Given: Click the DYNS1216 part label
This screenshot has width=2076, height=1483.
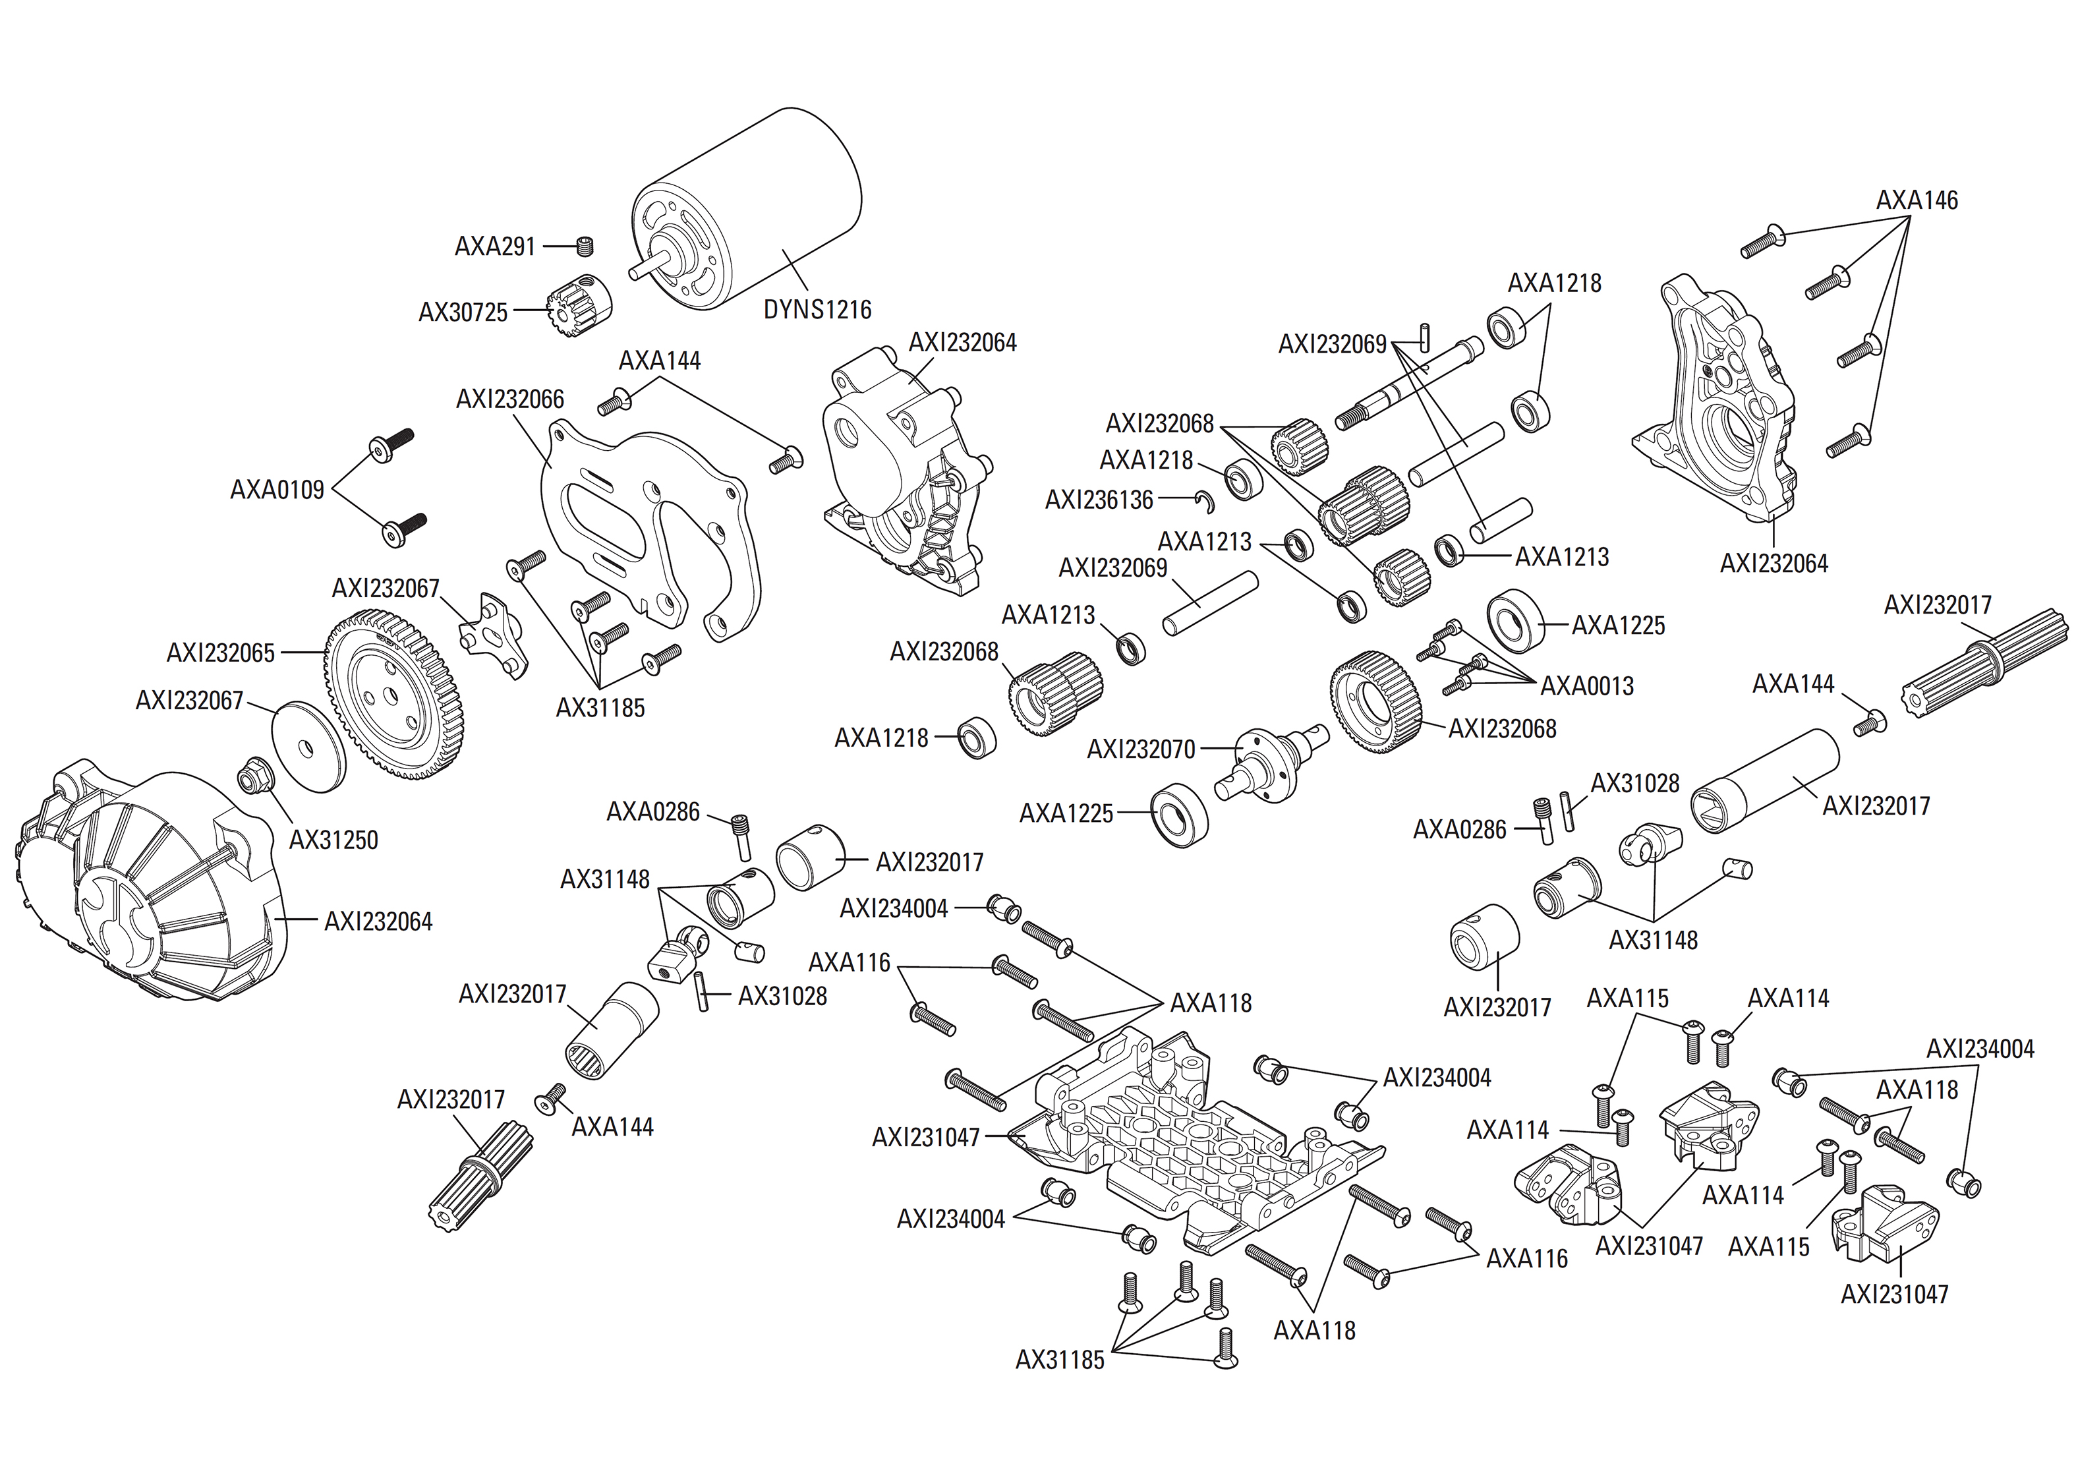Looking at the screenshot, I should pos(817,310).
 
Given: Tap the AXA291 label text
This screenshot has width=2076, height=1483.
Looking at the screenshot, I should pos(495,247).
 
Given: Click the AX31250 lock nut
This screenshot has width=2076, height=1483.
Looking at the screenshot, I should pos(251,778).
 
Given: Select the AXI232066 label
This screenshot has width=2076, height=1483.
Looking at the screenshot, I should pos(510,399).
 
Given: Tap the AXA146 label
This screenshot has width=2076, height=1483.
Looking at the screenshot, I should pos(1917,200).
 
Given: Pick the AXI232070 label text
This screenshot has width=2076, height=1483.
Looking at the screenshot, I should pos(1140,749).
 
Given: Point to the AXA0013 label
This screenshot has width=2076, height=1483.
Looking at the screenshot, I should pos(1587,685).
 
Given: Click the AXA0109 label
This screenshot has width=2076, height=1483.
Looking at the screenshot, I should pos(277,490).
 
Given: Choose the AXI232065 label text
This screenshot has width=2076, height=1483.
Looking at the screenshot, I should pos(220,653).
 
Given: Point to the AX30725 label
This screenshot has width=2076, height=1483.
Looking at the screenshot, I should pos(463,312).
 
